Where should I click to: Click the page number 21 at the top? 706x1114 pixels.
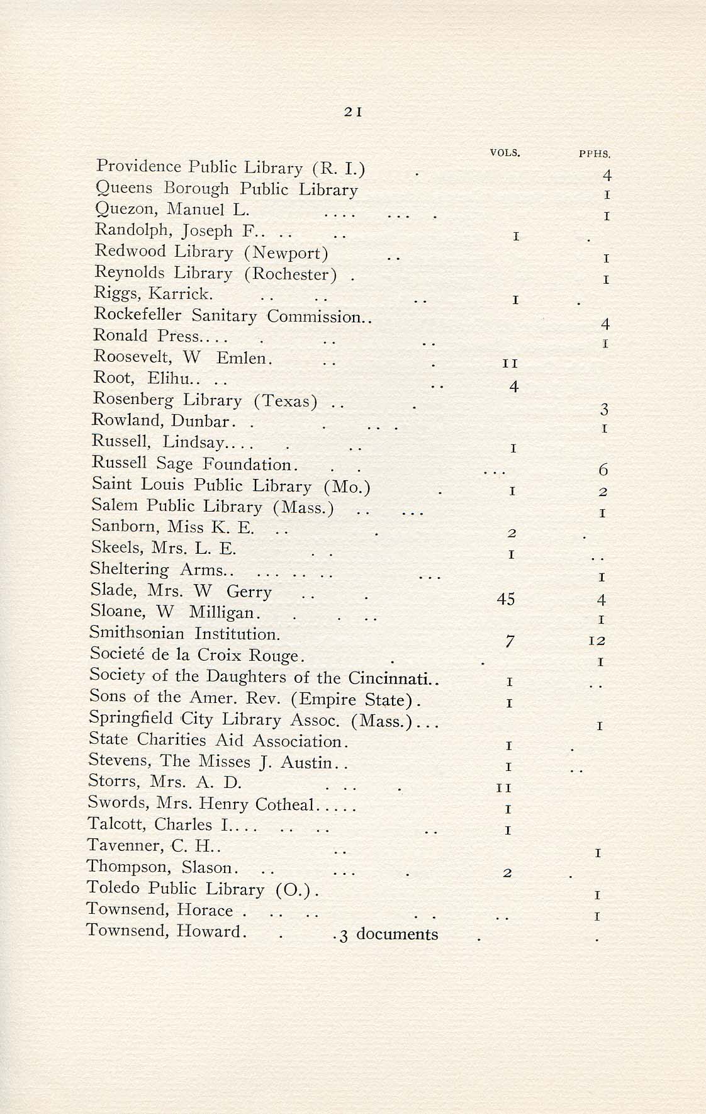coord(352,112)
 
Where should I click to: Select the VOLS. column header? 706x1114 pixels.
coord(505,152)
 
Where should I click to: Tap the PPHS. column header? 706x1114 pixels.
coord(595,153)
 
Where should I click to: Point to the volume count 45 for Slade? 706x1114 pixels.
coord(506,599)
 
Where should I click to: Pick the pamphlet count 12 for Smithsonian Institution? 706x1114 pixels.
coord(597,641)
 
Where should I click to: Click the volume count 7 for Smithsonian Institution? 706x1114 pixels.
coord(510,641)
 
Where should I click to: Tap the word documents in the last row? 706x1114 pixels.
coord(397,934)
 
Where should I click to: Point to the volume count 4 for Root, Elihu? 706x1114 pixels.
coord(513,386)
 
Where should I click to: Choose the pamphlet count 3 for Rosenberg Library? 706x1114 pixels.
coord(604,410)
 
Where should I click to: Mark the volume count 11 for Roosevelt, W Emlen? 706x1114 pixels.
coord(510,364)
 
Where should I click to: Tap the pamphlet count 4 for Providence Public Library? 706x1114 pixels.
coord(607,176)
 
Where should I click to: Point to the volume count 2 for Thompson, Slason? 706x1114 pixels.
coord(507,874)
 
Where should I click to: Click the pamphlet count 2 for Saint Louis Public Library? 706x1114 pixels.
coord(602,491)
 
